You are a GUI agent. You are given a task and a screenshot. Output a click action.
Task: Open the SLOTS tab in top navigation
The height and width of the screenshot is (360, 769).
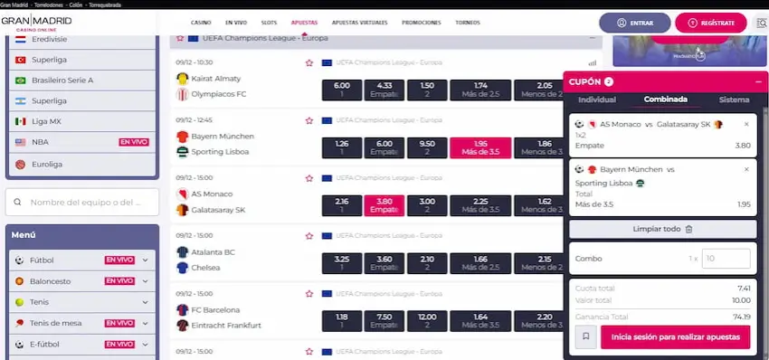[268, 22]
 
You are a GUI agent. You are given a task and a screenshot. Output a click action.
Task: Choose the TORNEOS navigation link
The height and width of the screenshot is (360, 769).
[468, 22]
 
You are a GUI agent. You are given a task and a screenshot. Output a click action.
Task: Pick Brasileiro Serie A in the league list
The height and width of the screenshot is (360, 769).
[62, 80]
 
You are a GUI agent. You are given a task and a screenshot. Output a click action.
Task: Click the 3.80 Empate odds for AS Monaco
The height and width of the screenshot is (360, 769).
[384, 205]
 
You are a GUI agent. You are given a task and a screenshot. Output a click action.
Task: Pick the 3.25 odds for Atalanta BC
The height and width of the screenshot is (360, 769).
[341, 263]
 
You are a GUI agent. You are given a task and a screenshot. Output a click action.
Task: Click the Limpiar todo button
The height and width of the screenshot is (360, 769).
[662, 229]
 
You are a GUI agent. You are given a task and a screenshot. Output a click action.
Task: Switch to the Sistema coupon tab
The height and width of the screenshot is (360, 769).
[734, 99]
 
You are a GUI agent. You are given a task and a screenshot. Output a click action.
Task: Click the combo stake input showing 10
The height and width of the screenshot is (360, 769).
[726, 259]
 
